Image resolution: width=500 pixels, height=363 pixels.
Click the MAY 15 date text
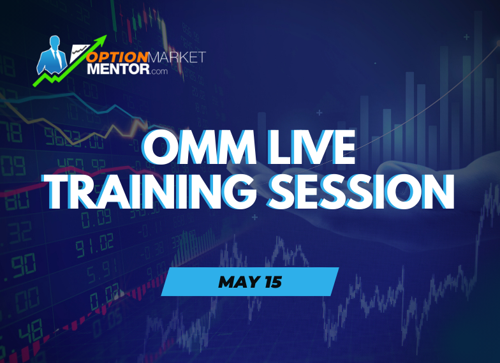click(249, 281)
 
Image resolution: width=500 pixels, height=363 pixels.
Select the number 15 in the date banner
click(271, 281)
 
